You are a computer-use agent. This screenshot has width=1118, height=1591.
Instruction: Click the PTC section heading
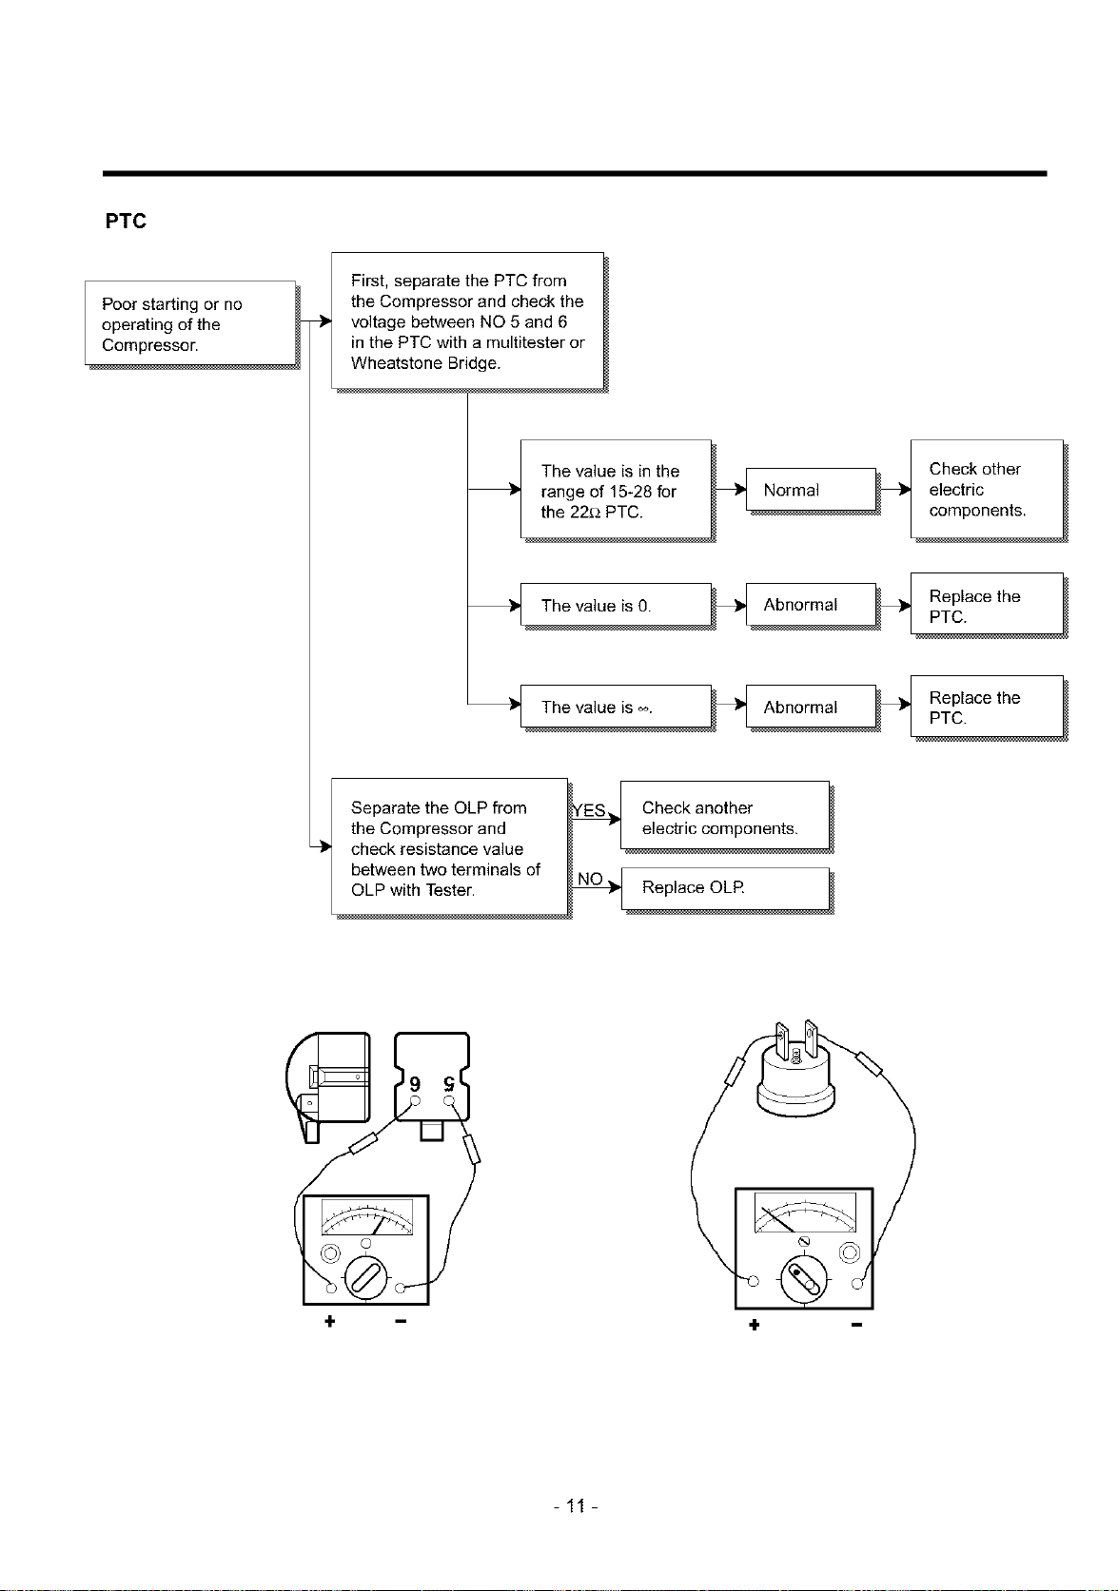coord(126,221)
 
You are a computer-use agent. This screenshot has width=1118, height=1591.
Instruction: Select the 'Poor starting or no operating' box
coord(190,323)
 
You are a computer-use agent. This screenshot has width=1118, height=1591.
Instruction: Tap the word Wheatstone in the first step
coord(389,363)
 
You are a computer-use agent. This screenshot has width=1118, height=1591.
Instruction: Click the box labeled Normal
coord(811,490)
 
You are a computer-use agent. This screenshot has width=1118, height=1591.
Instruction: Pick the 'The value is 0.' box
coord(616,605)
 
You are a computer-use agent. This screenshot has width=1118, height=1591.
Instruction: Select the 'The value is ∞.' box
coord(616,707)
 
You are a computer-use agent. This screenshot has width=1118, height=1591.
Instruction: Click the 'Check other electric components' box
coord(988,490)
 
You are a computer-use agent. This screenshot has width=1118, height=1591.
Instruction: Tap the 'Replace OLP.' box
coord(726,888)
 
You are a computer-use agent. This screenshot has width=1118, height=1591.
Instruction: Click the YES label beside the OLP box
coord(589,810)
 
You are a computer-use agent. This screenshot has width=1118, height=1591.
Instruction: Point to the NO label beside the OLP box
coord(590,879)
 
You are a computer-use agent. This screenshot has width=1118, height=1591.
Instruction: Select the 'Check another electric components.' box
coord(725,815)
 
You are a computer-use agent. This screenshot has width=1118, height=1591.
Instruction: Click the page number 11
coord(576,1505)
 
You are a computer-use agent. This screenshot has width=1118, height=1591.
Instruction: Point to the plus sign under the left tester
coord(330,1321)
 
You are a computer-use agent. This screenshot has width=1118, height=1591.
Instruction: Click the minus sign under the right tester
coord(856,1325)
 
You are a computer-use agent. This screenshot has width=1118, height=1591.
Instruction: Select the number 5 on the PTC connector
coord(448,1084)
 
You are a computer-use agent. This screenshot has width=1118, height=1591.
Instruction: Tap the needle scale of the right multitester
coord(805,1213)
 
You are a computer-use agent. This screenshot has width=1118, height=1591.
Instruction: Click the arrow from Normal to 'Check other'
coord(894,490)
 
